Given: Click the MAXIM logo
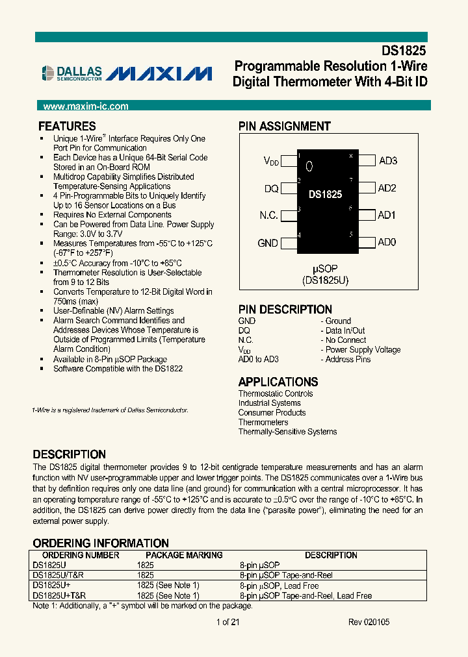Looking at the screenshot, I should (x=159, y=73).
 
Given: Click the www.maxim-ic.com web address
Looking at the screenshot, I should (x=85, y=106).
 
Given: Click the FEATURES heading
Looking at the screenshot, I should (x=67, y=127).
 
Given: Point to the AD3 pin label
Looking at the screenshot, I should (x=388, y=161).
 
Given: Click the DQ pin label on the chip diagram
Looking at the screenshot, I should (x=271, y=188).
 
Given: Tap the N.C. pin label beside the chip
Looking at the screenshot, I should (x=268, y=216).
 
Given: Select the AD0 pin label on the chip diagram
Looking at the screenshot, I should (x=387, y=242).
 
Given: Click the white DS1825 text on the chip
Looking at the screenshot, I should (x=325, y=194).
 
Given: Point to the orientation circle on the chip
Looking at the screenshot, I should (x=309, y=166).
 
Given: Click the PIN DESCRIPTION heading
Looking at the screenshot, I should (x=285, y=310).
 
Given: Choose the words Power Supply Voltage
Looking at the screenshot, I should (x=363, y=349).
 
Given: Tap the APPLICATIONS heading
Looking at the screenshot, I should (x=278, y=382).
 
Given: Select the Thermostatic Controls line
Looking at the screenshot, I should (x=276, y=393).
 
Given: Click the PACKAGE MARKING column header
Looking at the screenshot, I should (x=184, y=555).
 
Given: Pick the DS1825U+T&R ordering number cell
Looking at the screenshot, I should (x=59, y=595).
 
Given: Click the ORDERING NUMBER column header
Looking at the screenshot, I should (x=81, y=555).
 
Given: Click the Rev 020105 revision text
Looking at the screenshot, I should (x=369, y=622).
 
